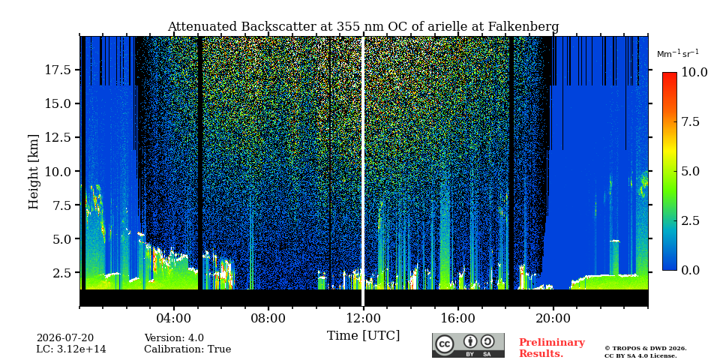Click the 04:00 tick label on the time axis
(x=174, y=318)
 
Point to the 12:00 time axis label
(x=363, y=318)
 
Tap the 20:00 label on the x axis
(x=553, y=318)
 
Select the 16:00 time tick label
(x=457, y=318)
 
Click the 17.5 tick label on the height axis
(x=58, y=70)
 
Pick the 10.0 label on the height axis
(x=58, y=171)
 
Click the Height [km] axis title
(x=34, y=172)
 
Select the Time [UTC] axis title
(x=363, y=336)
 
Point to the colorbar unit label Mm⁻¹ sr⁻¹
(x=678, y=54)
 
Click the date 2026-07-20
(x=65, y=338)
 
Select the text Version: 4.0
(x=174, y=338)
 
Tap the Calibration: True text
(x=187, y=349)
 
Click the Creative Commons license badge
(x=468, y=345)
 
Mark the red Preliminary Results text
(x=552, y=348)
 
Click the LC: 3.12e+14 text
(x=71, y=349)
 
